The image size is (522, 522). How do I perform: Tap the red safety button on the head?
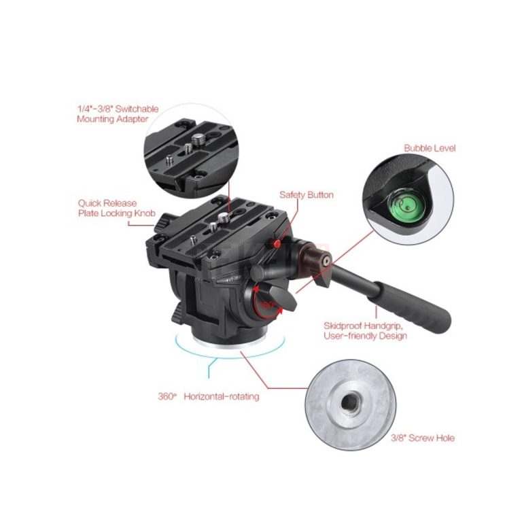[x=276, y=244]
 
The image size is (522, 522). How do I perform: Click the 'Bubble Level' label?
[x=430, y=148]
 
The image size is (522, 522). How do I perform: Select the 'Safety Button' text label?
[x=307, y=195]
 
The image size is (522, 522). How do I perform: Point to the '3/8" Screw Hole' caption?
[x=423, y=438]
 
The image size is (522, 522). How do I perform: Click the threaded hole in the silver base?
[x=349, y=403]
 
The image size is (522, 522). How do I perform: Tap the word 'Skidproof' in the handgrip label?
[x=343, y=326]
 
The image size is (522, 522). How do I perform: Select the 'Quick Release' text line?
[x=107, y=203]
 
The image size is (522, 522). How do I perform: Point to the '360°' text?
[x=166, y=396]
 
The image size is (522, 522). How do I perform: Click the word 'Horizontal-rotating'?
[x=222, y=396]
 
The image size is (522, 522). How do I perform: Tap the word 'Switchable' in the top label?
[x=137, y=109]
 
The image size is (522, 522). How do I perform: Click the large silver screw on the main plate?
[x=223, y=218]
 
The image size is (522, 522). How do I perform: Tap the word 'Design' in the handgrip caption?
[x=392, y=336]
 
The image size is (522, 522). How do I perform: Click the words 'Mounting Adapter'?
[x=113, y=119]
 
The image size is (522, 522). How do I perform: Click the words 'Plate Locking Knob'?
[x=117, y=213]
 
